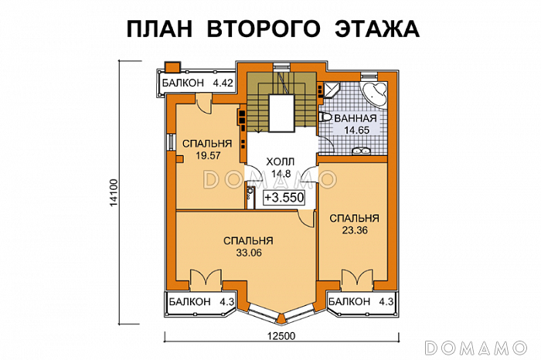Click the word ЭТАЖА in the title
(x=376, y=29)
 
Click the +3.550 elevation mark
(x=284, y=198)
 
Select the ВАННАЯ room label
(x=356, y=119)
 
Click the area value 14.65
(x=357, y=131)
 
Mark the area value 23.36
(x=353, y=229)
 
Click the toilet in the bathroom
(x=325, y=117)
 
